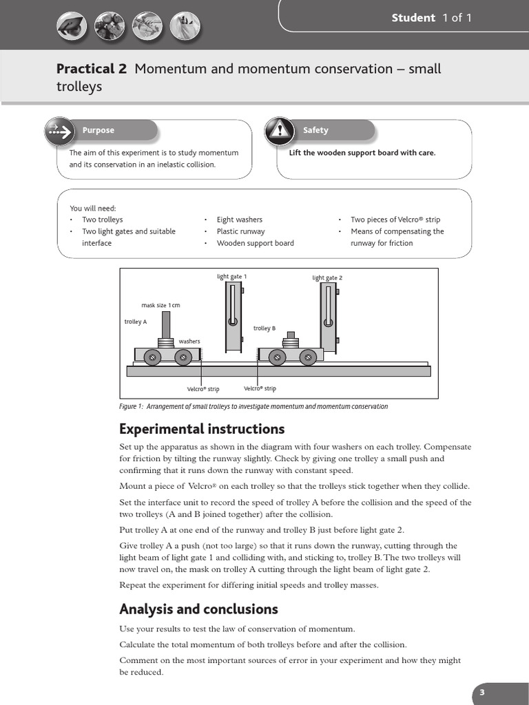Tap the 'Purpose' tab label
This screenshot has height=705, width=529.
pyautogui.click(x=98, y=130)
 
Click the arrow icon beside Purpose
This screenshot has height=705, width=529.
pyautogui.click(x=60, y=131)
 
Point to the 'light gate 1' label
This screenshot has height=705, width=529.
pyautogui.click(x=231, y=277)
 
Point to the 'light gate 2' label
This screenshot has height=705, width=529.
pyautogui.click(x=327, y=278)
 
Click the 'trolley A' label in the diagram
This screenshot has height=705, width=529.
pyautogui.click(x=136, y=322)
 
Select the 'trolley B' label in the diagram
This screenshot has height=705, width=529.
pyautogui.click(x=264, y=328)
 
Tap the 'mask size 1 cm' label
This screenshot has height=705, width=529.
pyautogui.click(x=160, y=305)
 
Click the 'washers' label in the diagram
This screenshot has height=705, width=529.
pyautogui.click(x=189, y=341)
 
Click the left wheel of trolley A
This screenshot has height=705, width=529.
pyautogui.click(x=152, y=357)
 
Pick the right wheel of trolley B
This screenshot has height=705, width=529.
pyautogui.click(x=308, y=357)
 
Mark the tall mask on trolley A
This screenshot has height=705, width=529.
pyautogui.click(x=166, y=324)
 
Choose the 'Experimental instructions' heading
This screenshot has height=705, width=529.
pyautogui.click(x=202, y=429)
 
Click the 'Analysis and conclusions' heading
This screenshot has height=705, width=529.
pyautogui.click(x=198, y=609)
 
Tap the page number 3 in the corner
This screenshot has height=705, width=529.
pyautogui.click(x=483, y=693)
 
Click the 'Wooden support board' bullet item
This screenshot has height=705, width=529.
pyautogui.click(x=255, y=243)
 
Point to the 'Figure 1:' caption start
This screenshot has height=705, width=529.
pyautogui.click(x=131, y=406)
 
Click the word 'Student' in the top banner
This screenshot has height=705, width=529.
pyautogui.click(x=413, y=18)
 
